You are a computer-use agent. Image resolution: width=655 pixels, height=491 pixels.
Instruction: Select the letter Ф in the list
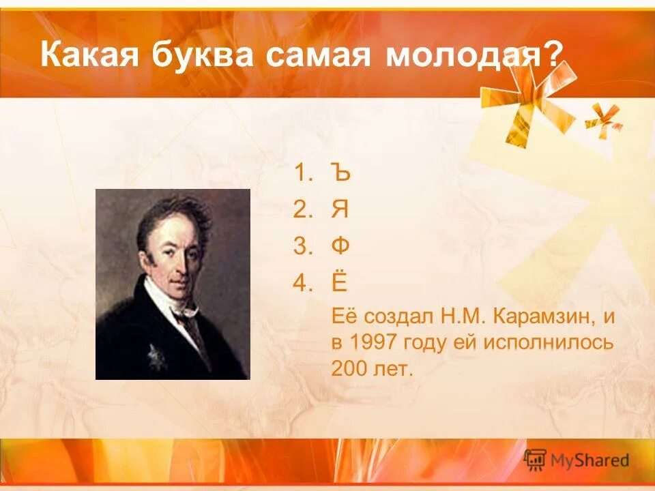(340, 246)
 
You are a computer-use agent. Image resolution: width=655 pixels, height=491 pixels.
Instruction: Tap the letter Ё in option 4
(340, 282)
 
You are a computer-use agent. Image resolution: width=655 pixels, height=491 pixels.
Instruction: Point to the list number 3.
(301, 246)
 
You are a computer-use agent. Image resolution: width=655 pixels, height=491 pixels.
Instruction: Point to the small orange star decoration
(604, 119)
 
